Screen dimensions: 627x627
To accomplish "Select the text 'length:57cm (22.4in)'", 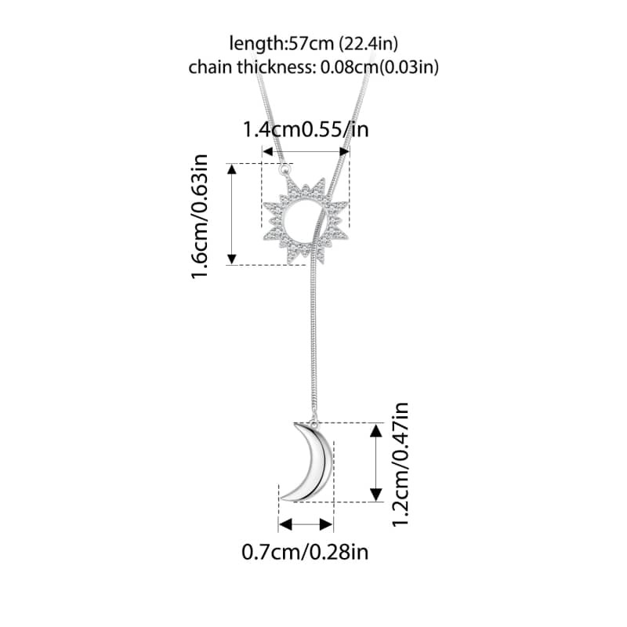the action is (313, 43).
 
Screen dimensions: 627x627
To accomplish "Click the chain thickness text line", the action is (313, 67).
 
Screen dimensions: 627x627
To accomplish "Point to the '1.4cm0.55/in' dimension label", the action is (306, 129).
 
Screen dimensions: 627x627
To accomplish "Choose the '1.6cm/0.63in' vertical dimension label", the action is (200, 216).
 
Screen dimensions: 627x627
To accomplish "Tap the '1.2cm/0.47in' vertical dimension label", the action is (400, 465).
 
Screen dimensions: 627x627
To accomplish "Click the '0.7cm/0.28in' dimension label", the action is (305, 552).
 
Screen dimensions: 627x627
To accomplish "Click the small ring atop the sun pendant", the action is (285, 169).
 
